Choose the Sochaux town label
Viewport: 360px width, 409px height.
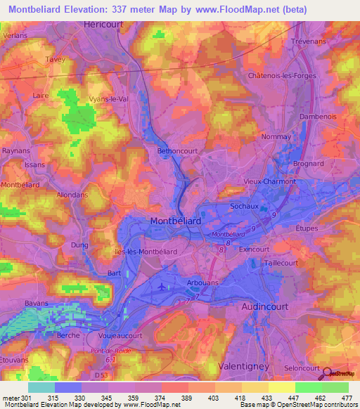click(245, 207)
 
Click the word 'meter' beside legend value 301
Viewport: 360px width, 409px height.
click(11, 398)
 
